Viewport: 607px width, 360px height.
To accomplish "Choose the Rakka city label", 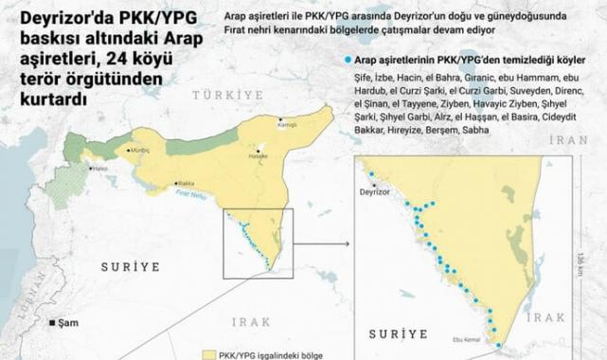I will point(186,183).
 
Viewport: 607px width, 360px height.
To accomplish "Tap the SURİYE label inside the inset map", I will point(397,334).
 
